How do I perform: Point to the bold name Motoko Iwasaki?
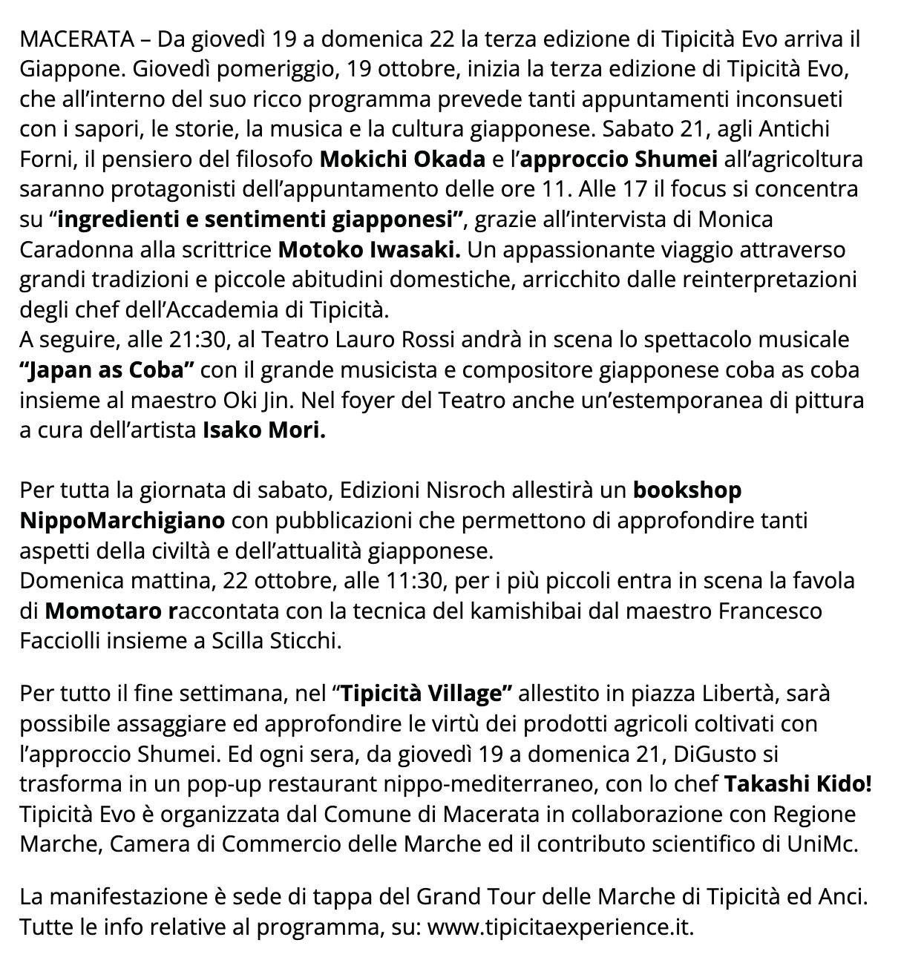pyautogui.click(x=369, y=249)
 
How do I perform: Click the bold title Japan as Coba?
pyautogui.click(x=108, y=369)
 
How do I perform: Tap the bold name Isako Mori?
pyautogui.click(x=263, y=430)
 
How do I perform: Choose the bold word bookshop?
pyautogui.click(x=687, y=490)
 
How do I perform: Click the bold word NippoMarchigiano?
pyautogui.click(x=122, y=520)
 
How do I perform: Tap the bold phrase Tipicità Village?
pyautogui.click(x=422, y=694)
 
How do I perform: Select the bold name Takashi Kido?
pyautogui.click(x=796, y=783)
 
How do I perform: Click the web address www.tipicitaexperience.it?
pyautogui.click(x=560, y=927)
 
